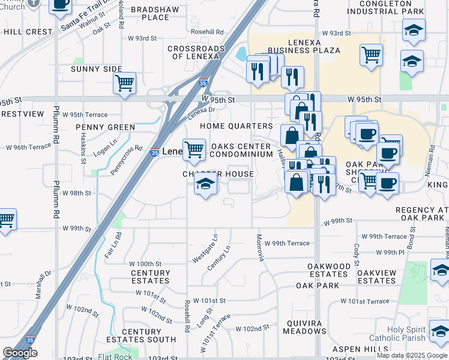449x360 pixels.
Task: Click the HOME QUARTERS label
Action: click(x=236, y=126)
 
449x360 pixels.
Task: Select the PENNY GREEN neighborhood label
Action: click(x=105, y=127)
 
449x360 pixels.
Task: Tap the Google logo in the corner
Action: click(x=20, y=353)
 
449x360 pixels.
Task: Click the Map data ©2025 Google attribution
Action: click(x=412, y=355)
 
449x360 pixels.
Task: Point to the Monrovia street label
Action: click(x=261, y=247)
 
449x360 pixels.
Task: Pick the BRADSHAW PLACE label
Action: click(x=150, y=13)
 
